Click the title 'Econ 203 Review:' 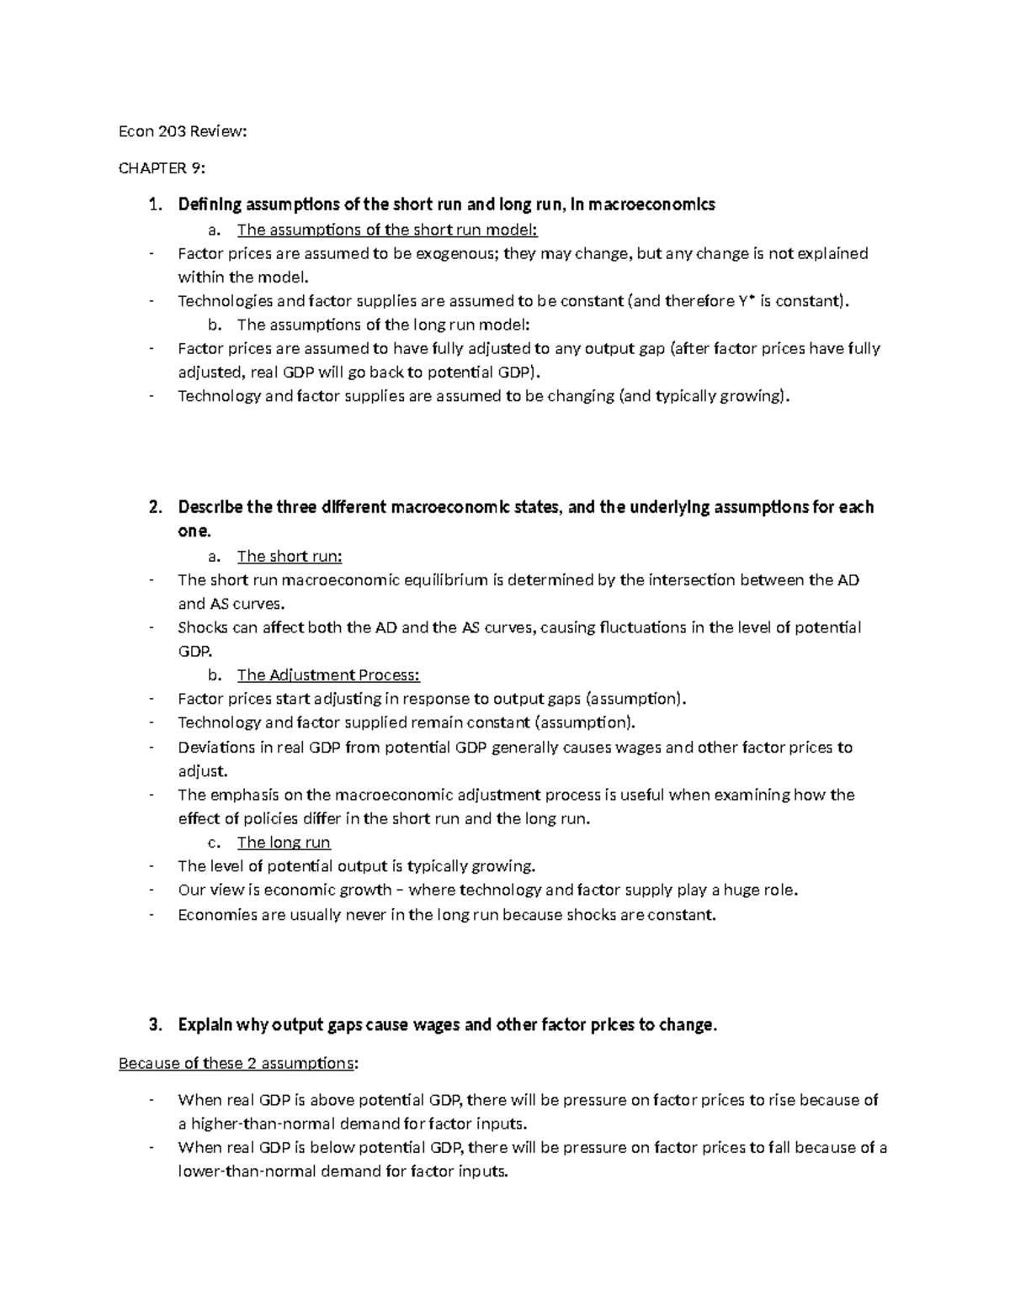(183, 131)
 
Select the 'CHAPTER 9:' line (162, 168)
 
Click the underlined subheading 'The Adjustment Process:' (328, 674)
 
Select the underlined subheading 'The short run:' (290, 556)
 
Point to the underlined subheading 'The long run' (284, 843)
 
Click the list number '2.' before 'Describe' (154, 507)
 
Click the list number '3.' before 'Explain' (154, 1025)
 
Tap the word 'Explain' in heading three (205, 1025)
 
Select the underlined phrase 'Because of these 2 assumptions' (237, 1063)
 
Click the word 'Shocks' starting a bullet (202, 627)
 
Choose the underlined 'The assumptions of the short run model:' (387, 230)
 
